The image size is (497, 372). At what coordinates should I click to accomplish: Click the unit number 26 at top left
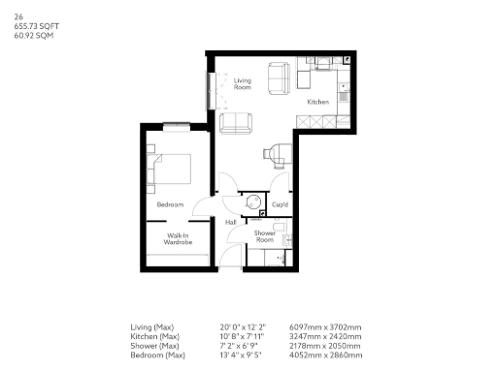coord(18,16)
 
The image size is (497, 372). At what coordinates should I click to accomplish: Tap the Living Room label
coord(243,83)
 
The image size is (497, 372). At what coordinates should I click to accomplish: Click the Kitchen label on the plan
coord(317,102)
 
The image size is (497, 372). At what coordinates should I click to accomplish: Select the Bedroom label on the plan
coord(170,204)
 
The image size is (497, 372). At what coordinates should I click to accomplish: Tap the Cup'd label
coord(280,204)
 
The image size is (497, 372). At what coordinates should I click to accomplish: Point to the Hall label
coord(231,222)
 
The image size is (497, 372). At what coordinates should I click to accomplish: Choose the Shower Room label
coord(265,236)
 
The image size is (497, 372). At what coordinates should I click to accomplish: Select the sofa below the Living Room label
coord(236,123)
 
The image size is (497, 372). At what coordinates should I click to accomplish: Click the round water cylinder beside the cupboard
coord(252,202)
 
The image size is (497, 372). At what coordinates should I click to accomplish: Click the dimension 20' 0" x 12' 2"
coord(243,327)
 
